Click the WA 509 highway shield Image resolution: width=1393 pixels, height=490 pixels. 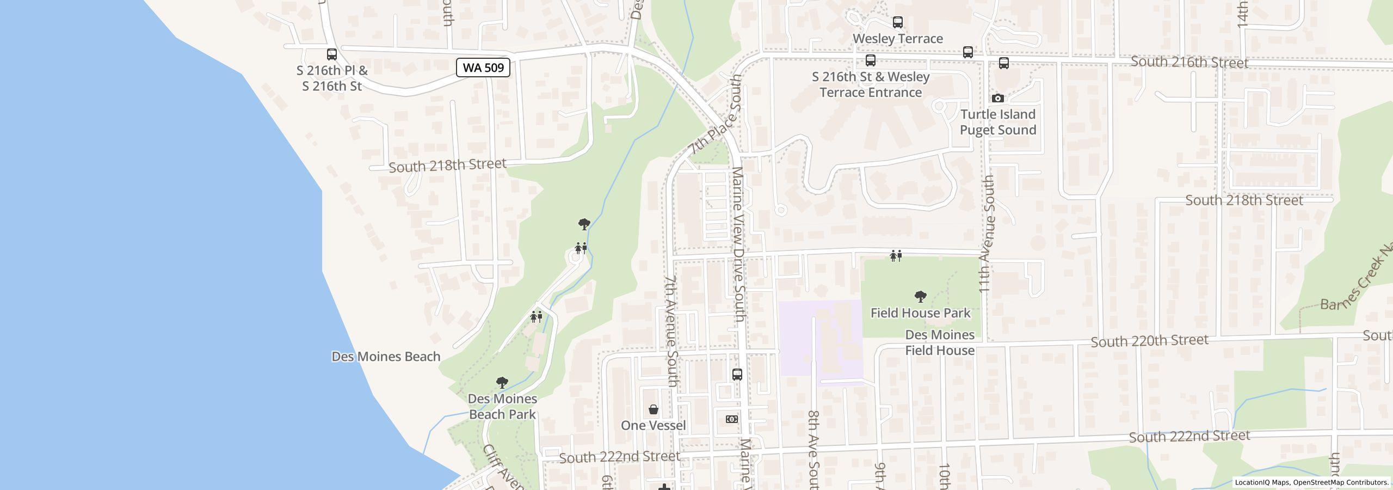click(483, 68)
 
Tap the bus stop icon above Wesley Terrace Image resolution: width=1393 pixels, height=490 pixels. click(897, 22)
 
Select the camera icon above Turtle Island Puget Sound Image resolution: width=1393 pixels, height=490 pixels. click(997, 99)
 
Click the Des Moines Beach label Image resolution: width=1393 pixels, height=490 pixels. click(386, 357)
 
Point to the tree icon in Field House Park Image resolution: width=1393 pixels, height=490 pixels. click(920, 297)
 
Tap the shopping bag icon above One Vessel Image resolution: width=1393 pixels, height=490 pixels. click(653, 409)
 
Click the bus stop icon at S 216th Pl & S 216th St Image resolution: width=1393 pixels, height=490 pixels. click(331, 54)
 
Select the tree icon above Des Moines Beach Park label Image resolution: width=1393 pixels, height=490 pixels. click(502, 383)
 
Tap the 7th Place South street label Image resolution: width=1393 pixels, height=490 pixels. click(715, 115)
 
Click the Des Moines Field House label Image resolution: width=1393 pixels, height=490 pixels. click(940, 342)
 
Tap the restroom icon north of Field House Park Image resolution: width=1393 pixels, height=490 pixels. click(896, 255)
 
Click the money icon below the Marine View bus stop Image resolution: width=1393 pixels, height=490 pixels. click(732, 419)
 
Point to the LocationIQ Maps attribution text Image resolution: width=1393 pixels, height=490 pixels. click(1311, 482)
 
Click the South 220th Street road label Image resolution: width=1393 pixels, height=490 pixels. click(1149, 341)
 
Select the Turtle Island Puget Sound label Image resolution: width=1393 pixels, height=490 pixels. click(997, 122)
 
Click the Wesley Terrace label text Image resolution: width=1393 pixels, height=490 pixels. click(897, 39)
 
